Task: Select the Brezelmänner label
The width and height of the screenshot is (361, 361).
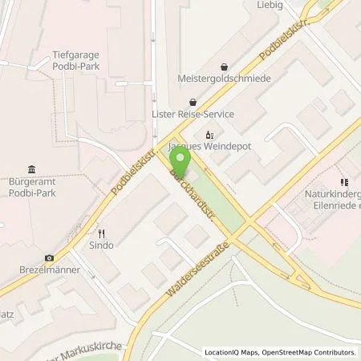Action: pyautogui.click(x=49, y=270)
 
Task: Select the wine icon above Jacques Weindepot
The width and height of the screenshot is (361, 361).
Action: pyautogui.click(x=209, y=135)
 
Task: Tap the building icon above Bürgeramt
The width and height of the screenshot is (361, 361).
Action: pyautogui.click(x=31, y=169)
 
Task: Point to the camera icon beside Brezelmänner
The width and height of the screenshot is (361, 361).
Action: pyautogui.click(x=50, y=258)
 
